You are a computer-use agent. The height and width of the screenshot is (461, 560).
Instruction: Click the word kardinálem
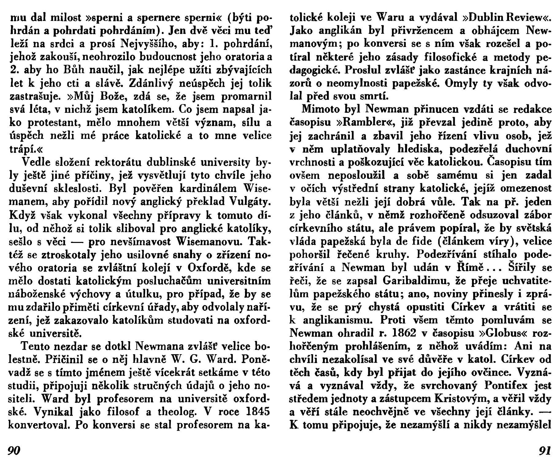click(x=207, y=189)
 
